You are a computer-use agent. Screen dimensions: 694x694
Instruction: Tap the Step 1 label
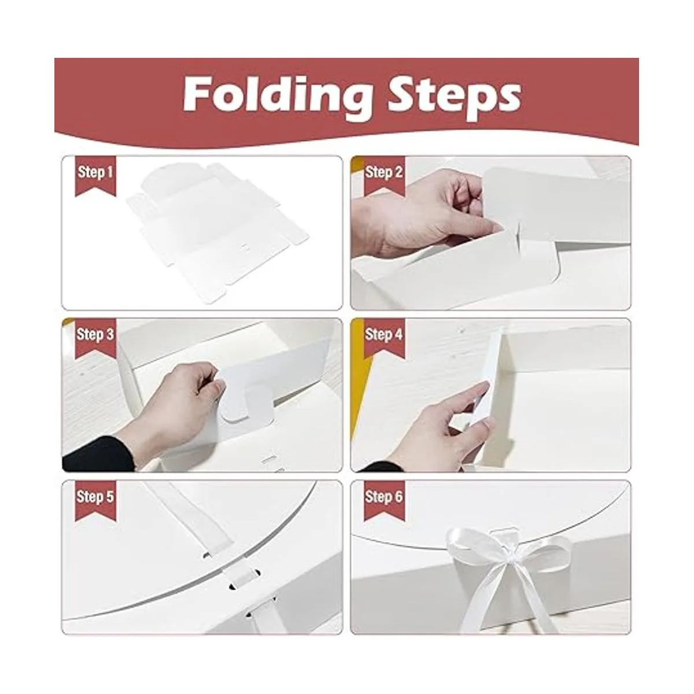point(95,172)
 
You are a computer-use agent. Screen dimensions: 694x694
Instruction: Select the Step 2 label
point(384,172)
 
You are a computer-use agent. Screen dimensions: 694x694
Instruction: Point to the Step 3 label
point(95,334)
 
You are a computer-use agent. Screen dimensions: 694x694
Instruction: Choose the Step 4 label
point(384,334)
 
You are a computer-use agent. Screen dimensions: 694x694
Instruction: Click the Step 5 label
point(95,497)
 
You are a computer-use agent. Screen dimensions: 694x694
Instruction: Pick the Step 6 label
point(384,497)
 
